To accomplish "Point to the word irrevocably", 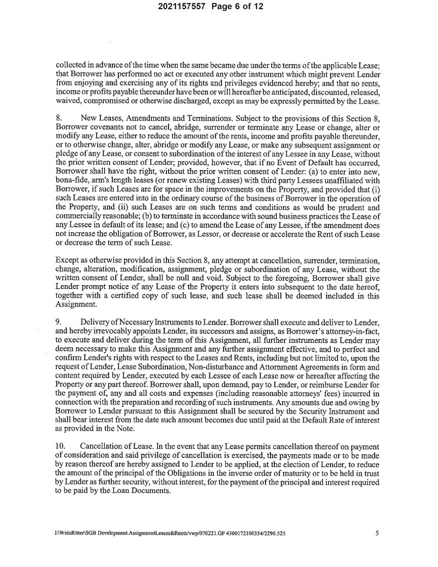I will click(x=118, y=331).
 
